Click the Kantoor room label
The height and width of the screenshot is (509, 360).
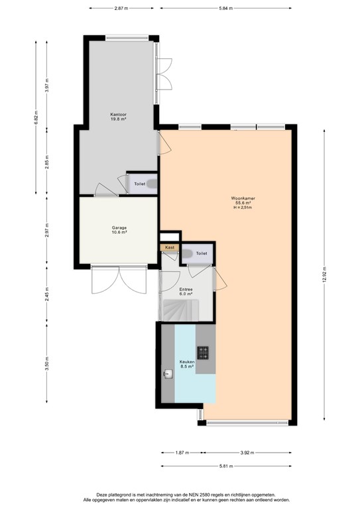click(119, 115)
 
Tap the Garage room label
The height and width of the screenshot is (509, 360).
click(119, 228)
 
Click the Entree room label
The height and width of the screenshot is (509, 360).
click(186, 290)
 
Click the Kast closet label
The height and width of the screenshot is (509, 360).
click(169, 247)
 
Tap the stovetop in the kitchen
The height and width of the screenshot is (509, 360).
click(204, 353)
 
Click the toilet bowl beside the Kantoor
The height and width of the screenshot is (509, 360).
click(152, 184)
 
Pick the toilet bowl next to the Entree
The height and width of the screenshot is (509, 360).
click(187, 253)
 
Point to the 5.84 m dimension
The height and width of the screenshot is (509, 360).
click(226, 8)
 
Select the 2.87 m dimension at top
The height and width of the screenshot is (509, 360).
click(120, 8)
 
